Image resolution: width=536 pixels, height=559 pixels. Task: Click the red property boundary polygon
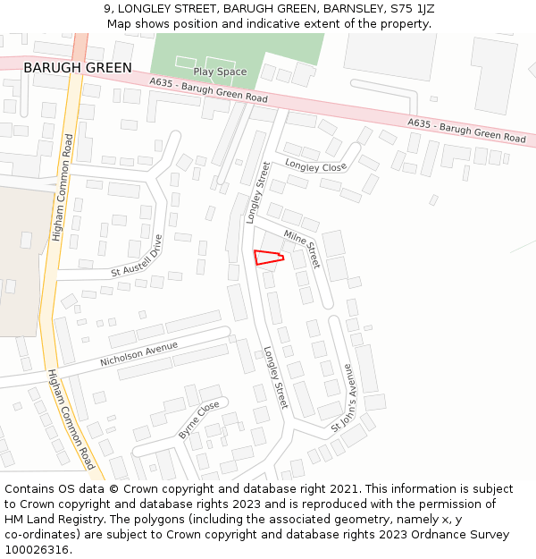268,258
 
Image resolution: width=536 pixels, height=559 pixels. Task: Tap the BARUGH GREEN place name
78,68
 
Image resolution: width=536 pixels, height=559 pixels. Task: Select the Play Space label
220,72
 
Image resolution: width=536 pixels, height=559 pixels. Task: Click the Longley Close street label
315,165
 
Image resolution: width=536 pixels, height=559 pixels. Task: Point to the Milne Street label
302,248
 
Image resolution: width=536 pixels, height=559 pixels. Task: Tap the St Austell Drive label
137,257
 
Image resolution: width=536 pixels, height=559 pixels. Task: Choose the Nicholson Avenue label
138,353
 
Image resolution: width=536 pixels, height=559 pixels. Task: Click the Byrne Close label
199,419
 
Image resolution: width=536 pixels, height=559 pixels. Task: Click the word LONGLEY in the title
147,9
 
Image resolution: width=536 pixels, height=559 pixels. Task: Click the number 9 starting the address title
106,9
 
